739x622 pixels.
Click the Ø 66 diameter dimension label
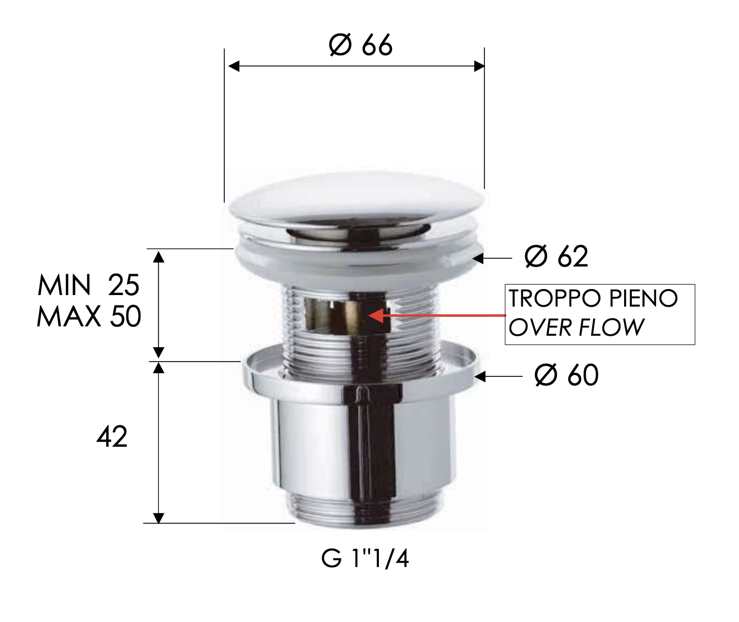tap(360, 45)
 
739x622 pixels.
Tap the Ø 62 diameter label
tap(556, 257)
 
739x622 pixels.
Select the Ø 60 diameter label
tap(566, 376)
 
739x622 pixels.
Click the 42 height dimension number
tap(112, 437)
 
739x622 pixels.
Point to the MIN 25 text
tap(89, 285)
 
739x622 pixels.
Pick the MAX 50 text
tap(89, 316)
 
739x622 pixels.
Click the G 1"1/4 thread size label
tap(365, 559)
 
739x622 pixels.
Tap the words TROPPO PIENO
tap(593, 299)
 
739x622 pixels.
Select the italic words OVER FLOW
tap(576, 328)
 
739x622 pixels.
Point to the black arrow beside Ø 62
tap(478, 258)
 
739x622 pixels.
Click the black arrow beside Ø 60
tap(481, 376)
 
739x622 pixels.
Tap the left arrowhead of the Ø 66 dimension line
tap(234, 66)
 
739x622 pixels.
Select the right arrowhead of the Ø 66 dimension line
tap(479, 66)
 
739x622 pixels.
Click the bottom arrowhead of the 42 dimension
tap(158, 518)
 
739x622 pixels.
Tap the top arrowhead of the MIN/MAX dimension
tap(158, 256)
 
